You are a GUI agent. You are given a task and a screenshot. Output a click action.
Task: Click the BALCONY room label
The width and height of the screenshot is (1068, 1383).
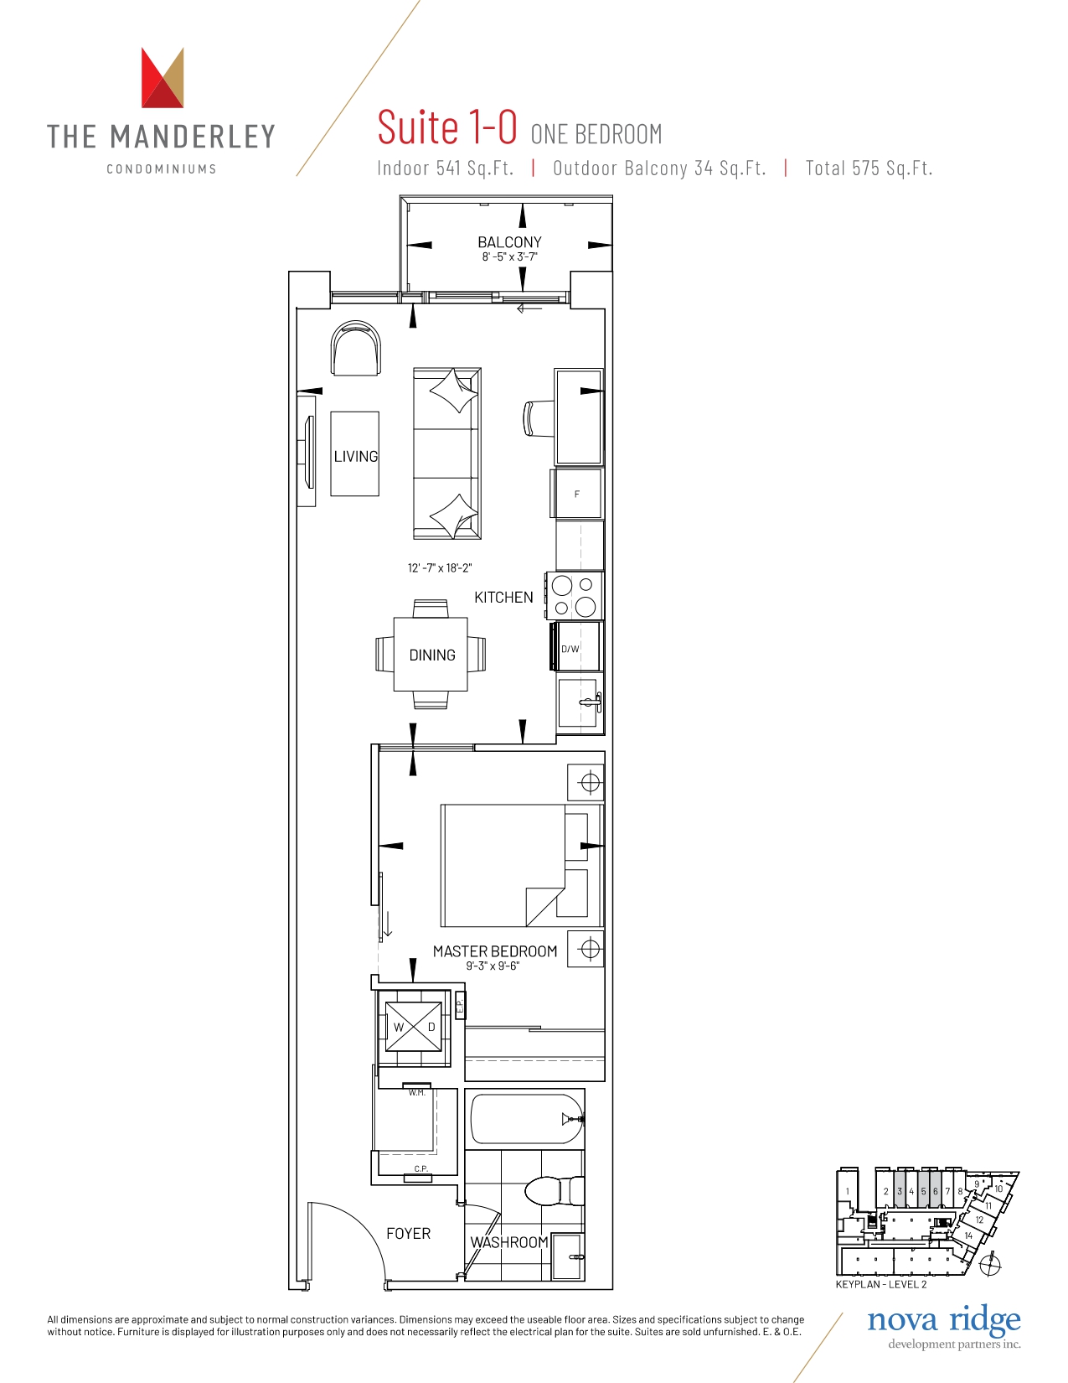[509, 242]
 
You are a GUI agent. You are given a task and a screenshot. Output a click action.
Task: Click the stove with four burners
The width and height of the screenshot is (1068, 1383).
[574, 596]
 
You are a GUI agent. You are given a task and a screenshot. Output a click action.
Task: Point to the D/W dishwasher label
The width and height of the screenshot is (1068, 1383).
[570, 649]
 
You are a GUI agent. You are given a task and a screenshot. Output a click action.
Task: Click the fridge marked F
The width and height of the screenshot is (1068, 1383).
[578, 493]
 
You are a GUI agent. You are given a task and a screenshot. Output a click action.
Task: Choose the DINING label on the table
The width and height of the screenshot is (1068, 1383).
[432, 655]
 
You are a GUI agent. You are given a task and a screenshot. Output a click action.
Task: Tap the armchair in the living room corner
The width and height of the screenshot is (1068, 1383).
[355, 348]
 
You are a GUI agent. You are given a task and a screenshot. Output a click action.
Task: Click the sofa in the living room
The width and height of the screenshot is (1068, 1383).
[446, 453]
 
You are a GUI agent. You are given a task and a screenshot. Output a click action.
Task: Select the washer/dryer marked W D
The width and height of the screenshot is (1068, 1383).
[414, 1028]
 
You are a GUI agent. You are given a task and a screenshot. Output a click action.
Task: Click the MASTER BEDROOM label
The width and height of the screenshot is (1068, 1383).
[494, 950]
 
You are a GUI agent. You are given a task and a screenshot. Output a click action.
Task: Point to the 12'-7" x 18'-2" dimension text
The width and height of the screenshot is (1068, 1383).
[440, 567]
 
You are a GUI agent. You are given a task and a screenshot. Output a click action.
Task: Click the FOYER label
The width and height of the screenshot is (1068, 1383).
[409, 1234]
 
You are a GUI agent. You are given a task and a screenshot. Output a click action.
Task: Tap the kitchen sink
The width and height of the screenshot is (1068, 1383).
[578, 702]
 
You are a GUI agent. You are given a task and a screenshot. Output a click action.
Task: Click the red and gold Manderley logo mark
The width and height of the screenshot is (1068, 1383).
[163, 77]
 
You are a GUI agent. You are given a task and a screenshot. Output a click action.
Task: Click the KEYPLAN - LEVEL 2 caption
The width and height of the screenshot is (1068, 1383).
[880, 1284]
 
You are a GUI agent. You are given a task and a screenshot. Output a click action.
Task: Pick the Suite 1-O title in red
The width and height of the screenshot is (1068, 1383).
[447, 127]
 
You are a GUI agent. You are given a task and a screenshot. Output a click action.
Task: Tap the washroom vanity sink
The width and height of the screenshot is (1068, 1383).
[567, 1257]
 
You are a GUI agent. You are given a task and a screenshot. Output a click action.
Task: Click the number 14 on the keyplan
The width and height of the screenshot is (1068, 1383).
[968, 1235]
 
